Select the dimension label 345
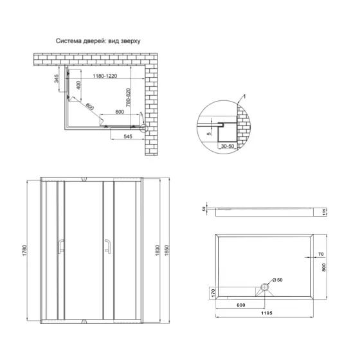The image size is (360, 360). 58,81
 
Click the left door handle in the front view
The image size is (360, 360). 61,247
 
